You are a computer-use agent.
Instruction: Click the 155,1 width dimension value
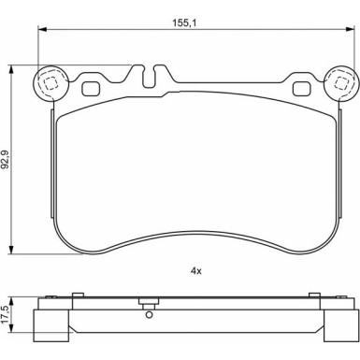point(185,22)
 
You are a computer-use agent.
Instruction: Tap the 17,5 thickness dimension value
point(5,314)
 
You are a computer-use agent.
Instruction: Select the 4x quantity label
point(196,271)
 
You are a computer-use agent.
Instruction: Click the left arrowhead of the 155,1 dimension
point(42,29)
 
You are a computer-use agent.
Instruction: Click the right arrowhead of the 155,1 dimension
point(351,29)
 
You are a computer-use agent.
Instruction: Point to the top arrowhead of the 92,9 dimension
point(11,69)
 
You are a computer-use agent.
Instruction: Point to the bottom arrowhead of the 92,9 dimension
point(11,250)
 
